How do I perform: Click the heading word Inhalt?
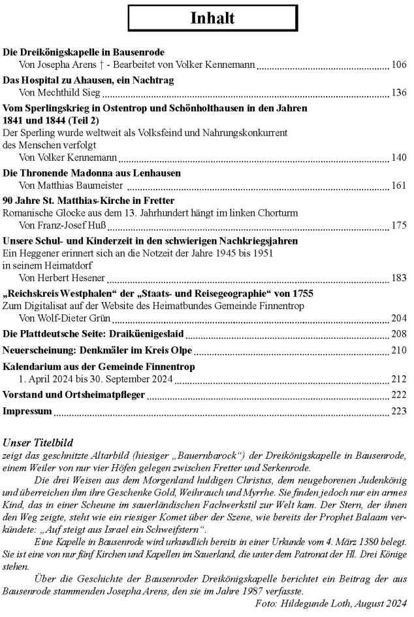click(212, 18)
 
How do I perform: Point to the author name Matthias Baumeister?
click(76, 186)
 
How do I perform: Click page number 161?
click(398, 186)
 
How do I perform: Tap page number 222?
click(398, 395)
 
